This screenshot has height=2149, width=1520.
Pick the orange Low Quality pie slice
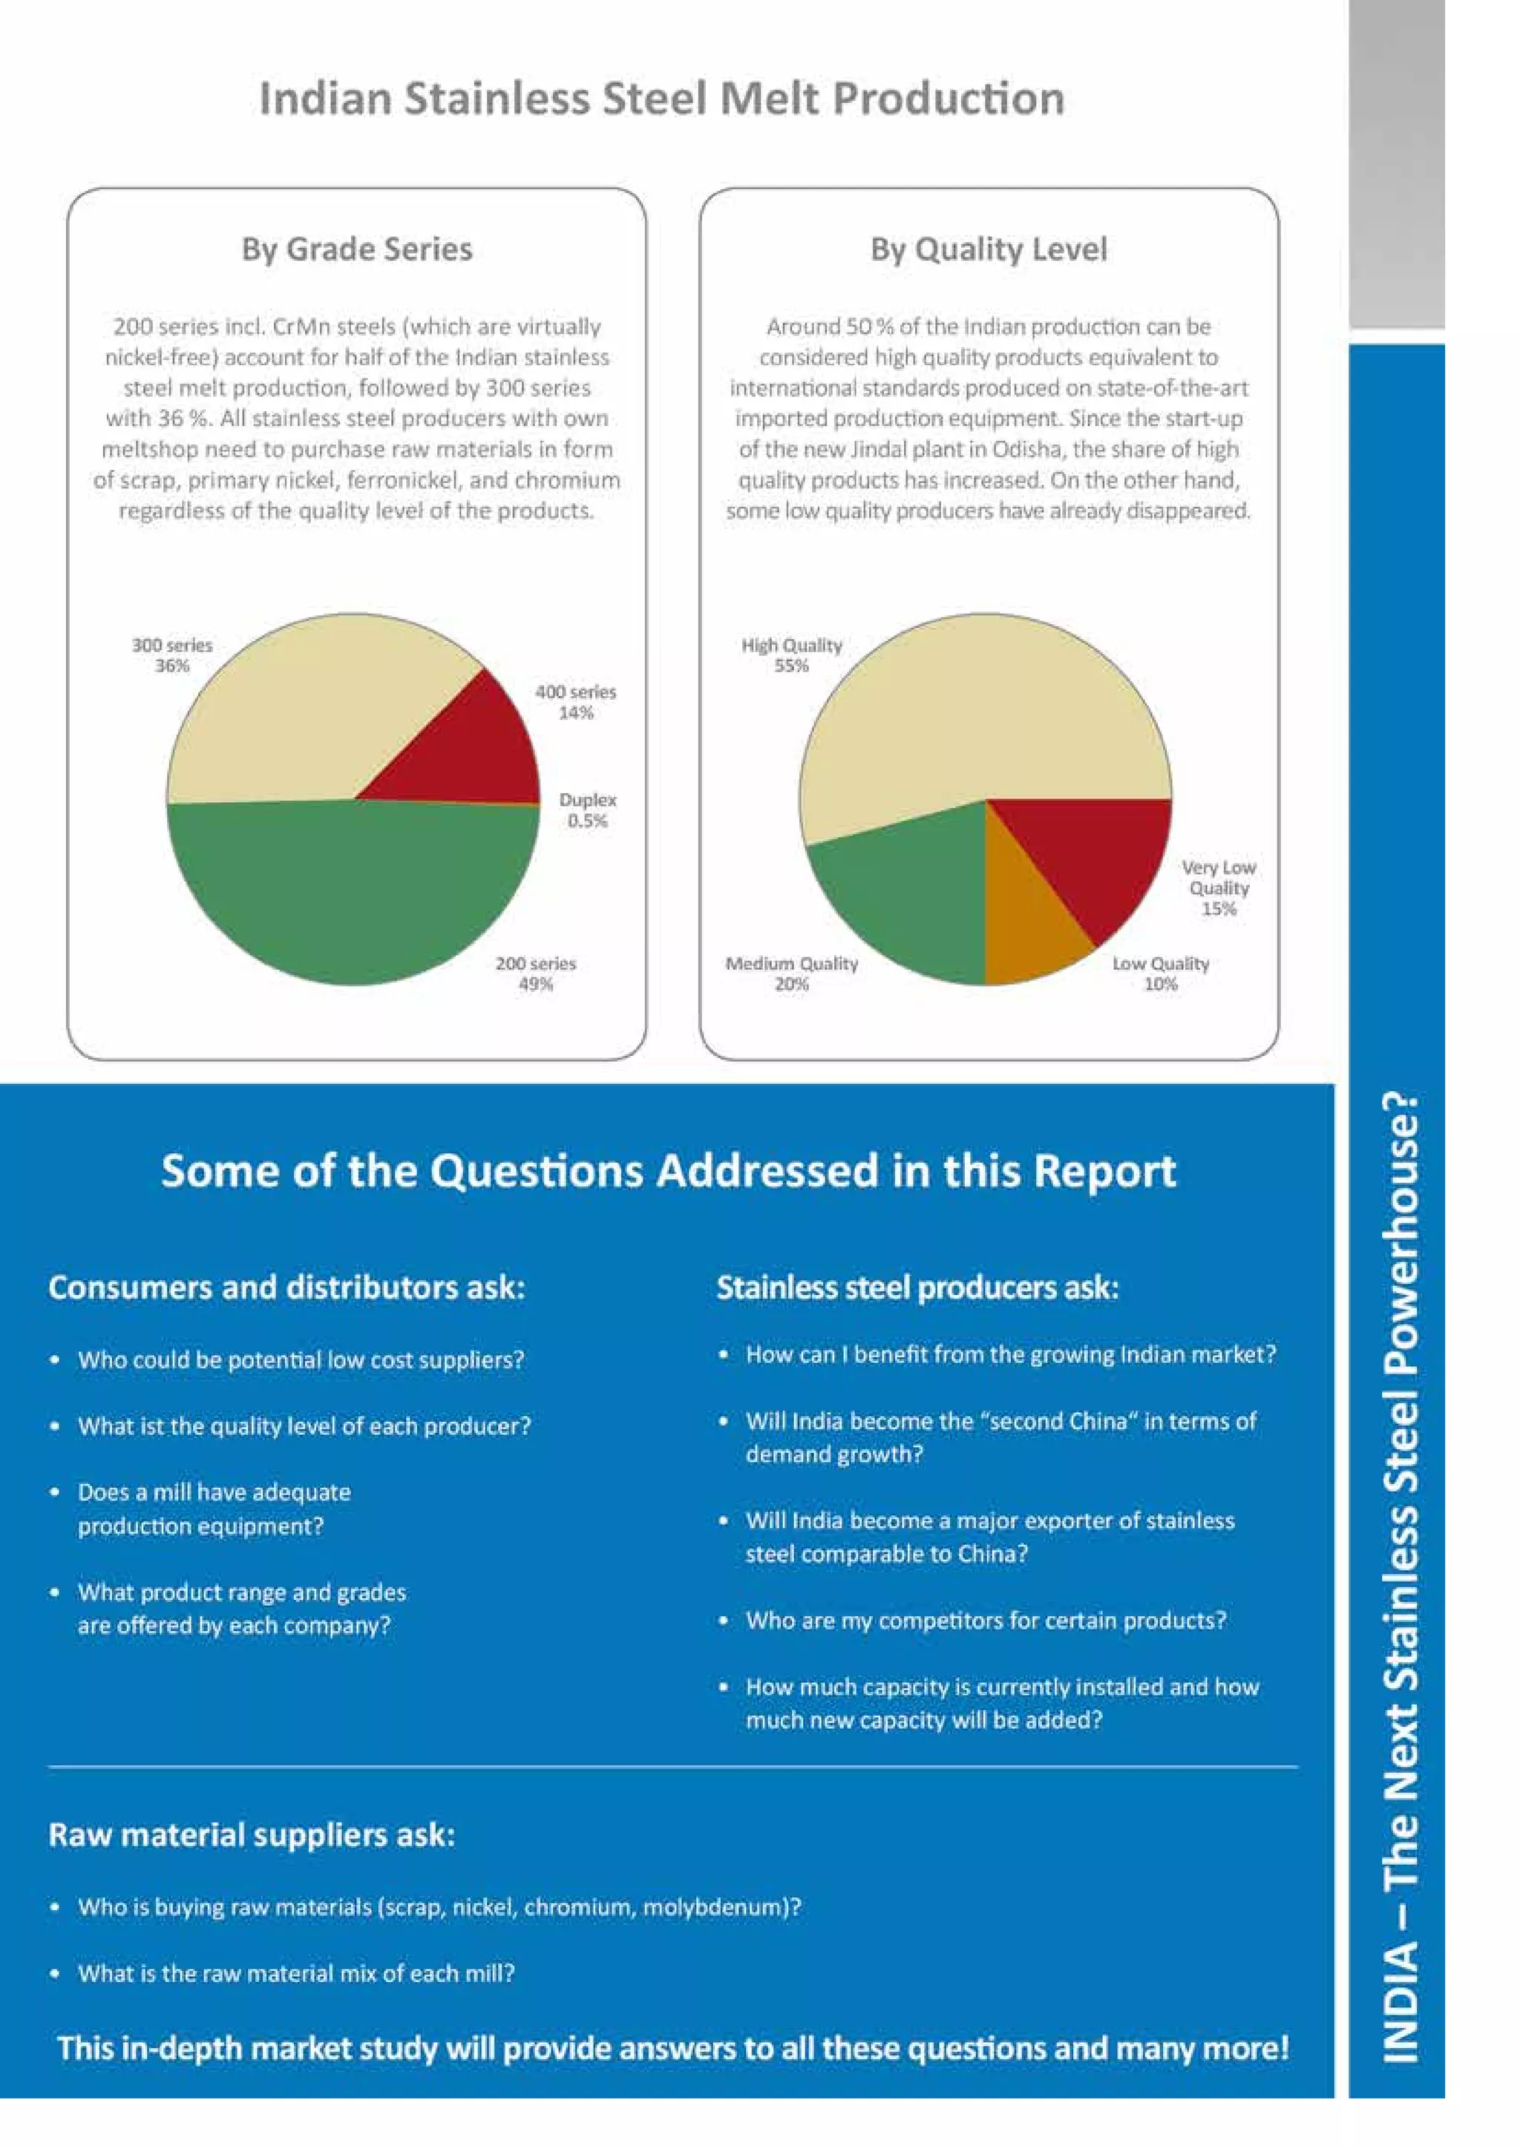click(1029, 922)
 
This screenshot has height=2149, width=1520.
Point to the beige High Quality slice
click(974, 712)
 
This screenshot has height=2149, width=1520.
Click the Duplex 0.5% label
click(588, 810)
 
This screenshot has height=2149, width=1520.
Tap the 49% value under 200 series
click(537, 984)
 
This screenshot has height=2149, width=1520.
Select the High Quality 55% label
click(792, 655)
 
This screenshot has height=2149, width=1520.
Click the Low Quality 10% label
click(1161, 974)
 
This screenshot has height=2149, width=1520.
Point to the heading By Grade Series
click(356, 249)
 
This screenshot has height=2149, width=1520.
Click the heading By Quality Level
click(989, 249)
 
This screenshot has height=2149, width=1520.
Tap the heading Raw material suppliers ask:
click(252, 1834)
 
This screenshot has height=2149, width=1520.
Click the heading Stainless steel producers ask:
click(918, 1288)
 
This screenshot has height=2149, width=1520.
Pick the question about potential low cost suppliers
click(301, 1359)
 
